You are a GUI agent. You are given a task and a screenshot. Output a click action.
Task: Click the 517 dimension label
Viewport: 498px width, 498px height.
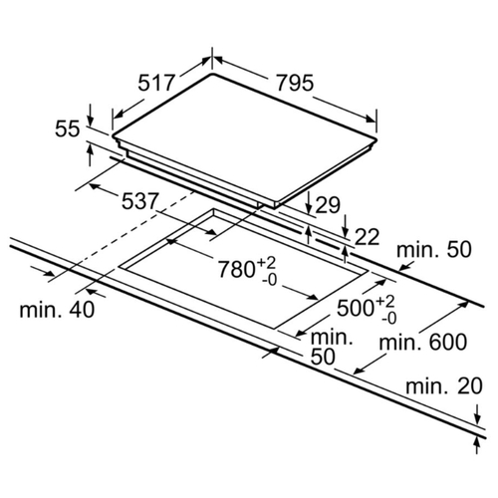click(156, 83)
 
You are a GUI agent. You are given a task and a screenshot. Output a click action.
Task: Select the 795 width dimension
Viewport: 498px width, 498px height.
click(295, 83)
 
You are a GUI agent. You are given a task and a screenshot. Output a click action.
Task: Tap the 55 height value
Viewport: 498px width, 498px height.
click(68, 129)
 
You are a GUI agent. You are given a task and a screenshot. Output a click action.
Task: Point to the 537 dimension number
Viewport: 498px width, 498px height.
click(139, 201)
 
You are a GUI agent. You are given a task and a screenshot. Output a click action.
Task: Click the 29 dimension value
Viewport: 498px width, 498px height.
click(328, 205)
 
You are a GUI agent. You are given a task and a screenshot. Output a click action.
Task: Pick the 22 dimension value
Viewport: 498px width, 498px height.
click(367, 237)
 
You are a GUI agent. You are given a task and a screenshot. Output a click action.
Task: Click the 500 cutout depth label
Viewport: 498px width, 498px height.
click(356, 308)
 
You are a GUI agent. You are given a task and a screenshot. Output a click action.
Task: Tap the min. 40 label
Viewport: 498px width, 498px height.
click(57, 310)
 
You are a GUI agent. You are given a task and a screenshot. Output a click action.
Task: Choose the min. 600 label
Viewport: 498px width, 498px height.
click(423, 342)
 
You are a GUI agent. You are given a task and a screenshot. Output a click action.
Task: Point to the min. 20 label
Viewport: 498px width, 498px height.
click(444, 386)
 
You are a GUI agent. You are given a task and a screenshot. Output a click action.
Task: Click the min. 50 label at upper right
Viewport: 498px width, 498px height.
click(434, 249)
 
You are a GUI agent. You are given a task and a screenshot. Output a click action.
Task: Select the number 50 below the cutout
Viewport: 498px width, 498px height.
click(323, 357)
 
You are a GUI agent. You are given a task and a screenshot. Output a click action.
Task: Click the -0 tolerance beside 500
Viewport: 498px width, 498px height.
click(389, 319)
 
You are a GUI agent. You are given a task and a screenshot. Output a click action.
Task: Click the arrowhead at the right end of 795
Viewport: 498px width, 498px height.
click(372, 119)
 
